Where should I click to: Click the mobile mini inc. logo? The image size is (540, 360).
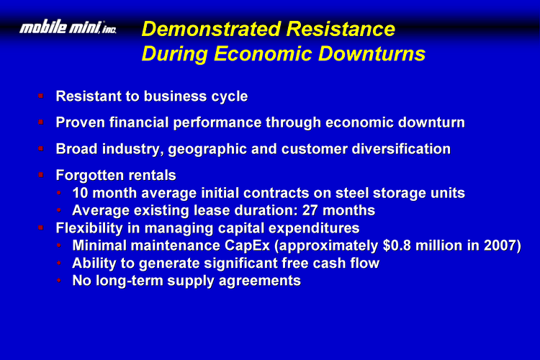tap(68, 27)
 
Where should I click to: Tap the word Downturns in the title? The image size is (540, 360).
tap(372, 54)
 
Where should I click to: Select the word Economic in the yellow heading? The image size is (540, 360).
tap(263, 54)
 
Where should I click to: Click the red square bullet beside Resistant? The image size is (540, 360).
tap(40, 96)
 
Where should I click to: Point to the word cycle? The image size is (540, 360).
tap(230, 96)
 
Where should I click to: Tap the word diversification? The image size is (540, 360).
tap(401, 149)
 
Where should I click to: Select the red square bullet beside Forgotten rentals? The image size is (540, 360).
tap(40, 175)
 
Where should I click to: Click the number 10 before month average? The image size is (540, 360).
tap(80, 193)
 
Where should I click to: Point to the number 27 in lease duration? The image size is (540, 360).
tap(310, 210)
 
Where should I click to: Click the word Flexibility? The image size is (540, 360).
tap(89, 228)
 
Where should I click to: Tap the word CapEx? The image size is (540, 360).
tap(247, 246)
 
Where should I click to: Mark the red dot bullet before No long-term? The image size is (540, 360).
tap(59, 280)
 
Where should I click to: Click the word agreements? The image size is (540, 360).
tap(260, 282)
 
